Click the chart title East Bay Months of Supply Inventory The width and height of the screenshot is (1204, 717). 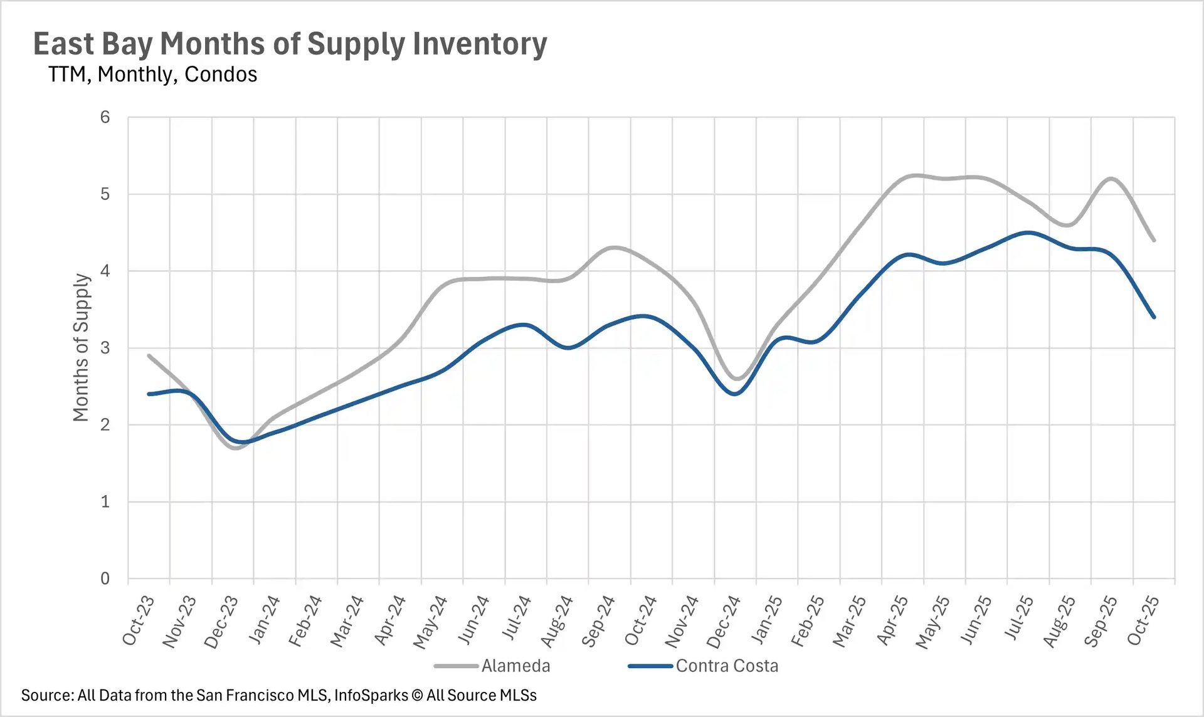(290, 44)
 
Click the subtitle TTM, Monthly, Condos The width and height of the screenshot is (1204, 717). (152, 75)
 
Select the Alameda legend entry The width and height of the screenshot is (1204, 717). (515, 666)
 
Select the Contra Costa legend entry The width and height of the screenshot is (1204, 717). (726, 666)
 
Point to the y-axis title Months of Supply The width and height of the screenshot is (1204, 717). (82, 348)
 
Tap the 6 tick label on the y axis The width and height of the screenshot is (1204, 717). (105, 117)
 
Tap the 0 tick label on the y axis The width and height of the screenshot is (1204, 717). (105, 578)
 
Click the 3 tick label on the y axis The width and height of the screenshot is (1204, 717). (105, 348)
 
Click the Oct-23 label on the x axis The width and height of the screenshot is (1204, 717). (138, 620)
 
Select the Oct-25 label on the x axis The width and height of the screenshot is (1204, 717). (1143, 620)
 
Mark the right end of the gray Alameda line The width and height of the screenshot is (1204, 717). (1154, 240)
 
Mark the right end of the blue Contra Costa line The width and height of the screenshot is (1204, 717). (1154, 317)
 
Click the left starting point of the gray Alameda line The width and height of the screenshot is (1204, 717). (149, 355)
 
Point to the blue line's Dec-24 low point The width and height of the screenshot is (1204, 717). (735, 394)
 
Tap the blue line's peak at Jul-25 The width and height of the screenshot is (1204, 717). (1028, 233)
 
